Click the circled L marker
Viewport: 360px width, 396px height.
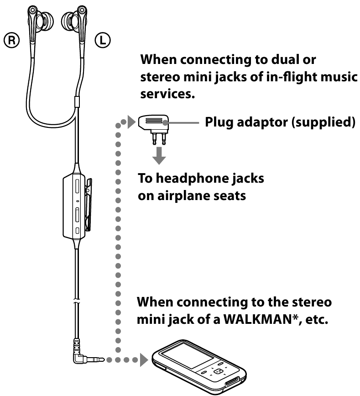102,41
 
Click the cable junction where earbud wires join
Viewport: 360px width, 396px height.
76,99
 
